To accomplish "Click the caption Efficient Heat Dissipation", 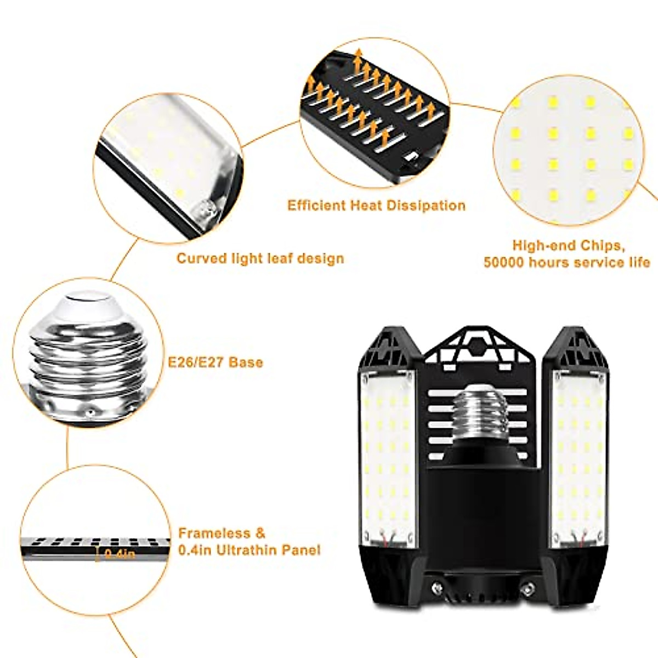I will pyautogui.click(x=376, y=206).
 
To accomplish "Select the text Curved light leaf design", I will pyautogui.click(x=260, y=258).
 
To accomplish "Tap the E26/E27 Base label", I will pyautogui.click(x=215, y=362).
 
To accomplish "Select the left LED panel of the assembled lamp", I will pyautogui.click(x=387, y=455).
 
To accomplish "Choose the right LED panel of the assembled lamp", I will pyautogui.click(x=579, y=455).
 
